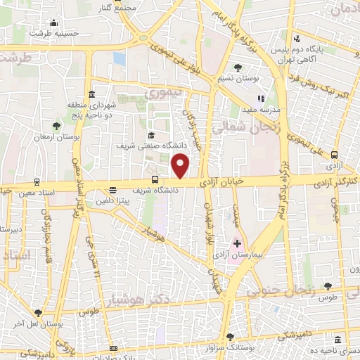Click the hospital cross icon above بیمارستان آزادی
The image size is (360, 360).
pyautogui.click(x=237, y=243)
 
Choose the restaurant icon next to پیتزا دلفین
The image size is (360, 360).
pyautogui.click(x=113, y=190)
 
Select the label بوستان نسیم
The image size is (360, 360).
pyautogui.click(x=241, y=79)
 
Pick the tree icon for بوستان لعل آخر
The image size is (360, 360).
pyautogui.click(x=38, y=314)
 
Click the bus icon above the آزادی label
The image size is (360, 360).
pyautogui.click(x=334, y=155)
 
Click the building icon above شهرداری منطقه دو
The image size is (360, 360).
pyautogui.click(x=92, y=95)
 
